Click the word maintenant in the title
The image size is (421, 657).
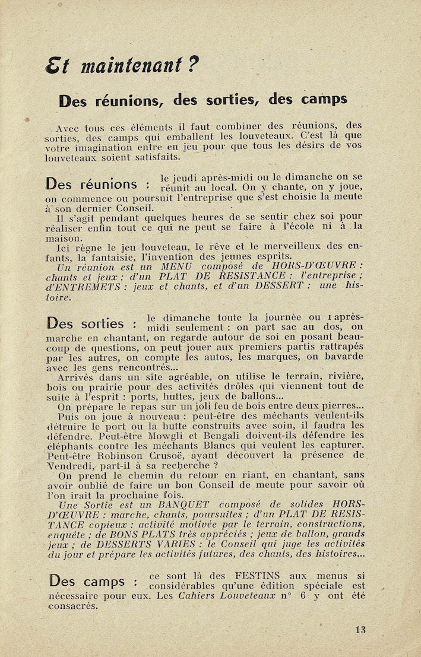(131, 64)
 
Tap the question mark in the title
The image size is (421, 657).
(193, 63)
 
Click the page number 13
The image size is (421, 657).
(360, 630)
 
